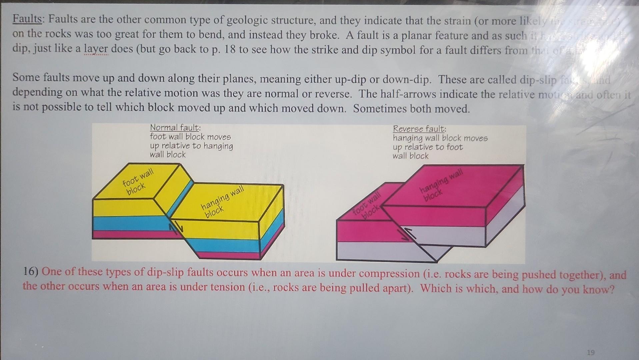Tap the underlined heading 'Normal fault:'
click(175, 128)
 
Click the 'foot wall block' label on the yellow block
click(137, 182)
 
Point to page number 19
click(590, 352)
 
